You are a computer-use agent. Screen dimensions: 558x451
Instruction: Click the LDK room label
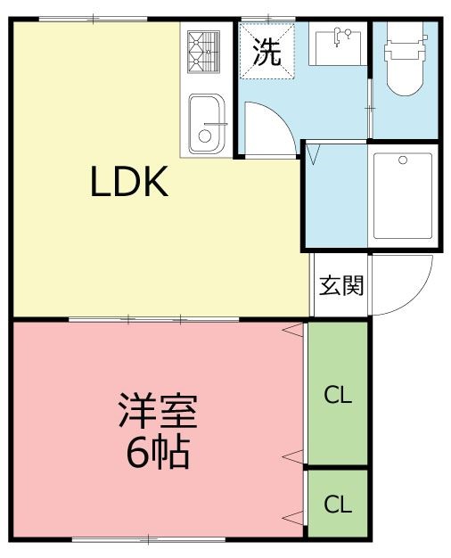point(128,184)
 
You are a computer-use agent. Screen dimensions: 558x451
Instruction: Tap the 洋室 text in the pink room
point(158,412)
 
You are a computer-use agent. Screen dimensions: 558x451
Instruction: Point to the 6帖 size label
point(158,454)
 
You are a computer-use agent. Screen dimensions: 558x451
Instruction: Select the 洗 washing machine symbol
point(266,52)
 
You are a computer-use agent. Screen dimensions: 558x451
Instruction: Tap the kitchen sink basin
point(206,122)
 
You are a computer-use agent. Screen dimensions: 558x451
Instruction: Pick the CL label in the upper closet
point(338,395)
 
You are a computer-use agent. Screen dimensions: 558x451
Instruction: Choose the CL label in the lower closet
point(338,505)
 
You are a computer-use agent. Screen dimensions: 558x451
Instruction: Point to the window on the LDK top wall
point(94,19)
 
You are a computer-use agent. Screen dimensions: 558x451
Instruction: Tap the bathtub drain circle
point(403,160)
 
